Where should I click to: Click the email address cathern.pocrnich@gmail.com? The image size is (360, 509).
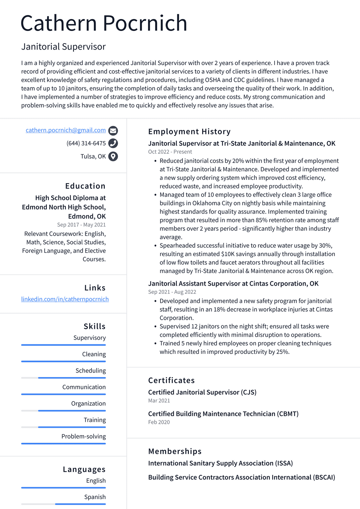coord(66,130)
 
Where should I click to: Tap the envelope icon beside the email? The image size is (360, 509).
coord(113,131)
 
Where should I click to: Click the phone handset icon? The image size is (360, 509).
coord(113,143)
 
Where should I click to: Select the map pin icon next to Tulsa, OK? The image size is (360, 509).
coord(113,156)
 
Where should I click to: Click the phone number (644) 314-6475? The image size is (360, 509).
coord(86,143)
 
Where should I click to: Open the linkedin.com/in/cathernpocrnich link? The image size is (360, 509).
coord(65,299)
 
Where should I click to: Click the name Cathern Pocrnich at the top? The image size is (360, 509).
coord(104,23)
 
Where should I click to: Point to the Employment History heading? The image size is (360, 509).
coord(189,132)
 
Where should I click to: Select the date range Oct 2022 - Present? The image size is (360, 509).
coord(170,152)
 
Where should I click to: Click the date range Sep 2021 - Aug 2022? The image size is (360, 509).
coord(172,292)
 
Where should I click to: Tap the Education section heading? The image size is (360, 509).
coord(85,186)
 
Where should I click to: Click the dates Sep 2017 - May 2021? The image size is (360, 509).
coord(81,224)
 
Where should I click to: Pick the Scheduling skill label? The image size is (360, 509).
coord(90,370)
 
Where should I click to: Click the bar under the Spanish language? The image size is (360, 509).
coord(63,504)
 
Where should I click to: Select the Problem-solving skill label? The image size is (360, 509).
coord(83,436)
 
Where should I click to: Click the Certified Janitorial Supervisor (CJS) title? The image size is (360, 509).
coord(202,392)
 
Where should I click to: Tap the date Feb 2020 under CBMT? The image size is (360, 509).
coord(159,422)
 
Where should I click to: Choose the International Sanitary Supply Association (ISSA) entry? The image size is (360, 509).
coord(220,463)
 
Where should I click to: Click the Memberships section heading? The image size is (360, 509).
coord(175,451)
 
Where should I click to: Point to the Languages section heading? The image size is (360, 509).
coord(84,469)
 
